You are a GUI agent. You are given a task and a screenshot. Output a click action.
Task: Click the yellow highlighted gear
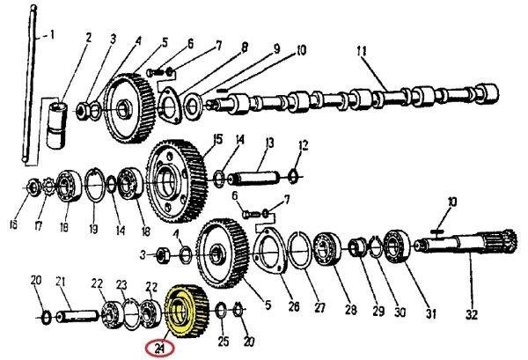(186, 312)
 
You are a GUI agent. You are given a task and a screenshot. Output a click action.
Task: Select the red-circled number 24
(159, 349)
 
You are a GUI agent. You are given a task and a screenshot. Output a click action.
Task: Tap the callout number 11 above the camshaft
(362, 52)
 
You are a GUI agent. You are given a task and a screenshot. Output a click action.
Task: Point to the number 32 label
(472, 315)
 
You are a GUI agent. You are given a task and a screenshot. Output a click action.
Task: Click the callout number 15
(218, 139)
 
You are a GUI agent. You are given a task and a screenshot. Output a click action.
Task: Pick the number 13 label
(269, 143)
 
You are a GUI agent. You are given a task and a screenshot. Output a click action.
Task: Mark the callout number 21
(60, 283)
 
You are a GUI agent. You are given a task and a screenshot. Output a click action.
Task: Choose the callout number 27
(319, 308)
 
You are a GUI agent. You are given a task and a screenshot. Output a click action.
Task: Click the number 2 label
(89, 37)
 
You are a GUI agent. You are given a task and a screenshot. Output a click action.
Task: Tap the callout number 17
(38, 225)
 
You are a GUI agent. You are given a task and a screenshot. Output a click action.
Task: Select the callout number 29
(378, 311)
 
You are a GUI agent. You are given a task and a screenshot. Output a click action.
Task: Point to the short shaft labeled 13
(254, 178)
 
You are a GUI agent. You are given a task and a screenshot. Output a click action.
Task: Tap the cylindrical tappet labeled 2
(56, 126)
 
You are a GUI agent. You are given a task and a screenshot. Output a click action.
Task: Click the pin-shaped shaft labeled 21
(77, 317)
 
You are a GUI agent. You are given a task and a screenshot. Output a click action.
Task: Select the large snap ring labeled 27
(300, 250)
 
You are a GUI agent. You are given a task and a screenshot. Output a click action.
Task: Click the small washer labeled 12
(293, 177)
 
